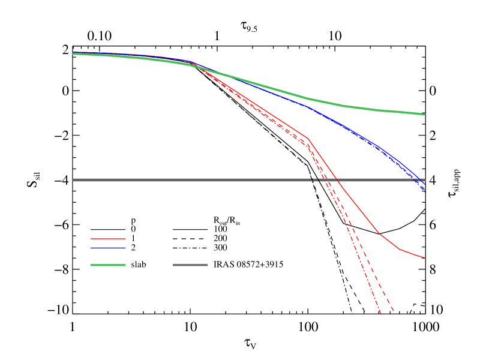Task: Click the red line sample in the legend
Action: (x=108, y=239)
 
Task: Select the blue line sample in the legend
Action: (x=108, y=248)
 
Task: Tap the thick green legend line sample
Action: (x=108, y=265)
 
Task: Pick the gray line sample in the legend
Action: (x=190, y=265)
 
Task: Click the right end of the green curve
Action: (x=425, y=114)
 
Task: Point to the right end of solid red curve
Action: (x=425, y=258)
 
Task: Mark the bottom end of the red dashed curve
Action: (x=394, y=311)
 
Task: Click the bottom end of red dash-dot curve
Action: (x=380, y=313)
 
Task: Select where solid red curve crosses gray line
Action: (x=337, y=180)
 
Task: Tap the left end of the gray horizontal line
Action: (x=73, y=180)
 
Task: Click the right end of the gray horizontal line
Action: (x=425, y=180)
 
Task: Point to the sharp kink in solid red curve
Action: (x=308, y=138)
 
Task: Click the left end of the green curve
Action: (x=73, y=53)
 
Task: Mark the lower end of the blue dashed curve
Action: (x=425, y=191)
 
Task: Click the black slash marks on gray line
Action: (x=316, y=179)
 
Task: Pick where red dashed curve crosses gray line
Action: (x=327, y=180)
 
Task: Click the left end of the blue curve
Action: (x=73, y=52)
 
